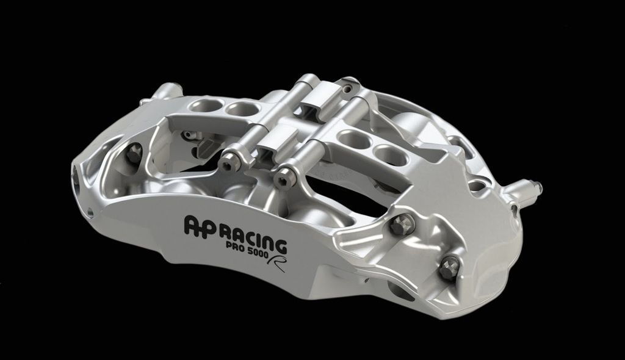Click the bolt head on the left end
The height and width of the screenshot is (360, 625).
pyautogui.click(x=134, y=152)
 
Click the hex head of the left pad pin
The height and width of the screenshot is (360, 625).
pyautogui.click(x=228, y=162)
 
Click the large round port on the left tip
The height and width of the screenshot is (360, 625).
pyautogui.click(x=78, y=176)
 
